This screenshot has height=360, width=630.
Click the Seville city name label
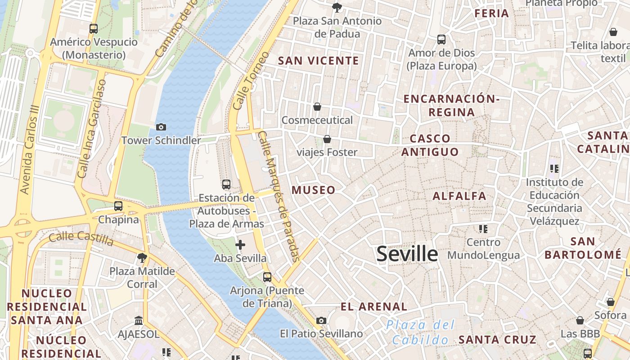(407, 254)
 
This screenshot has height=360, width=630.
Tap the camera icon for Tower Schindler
(161, 127)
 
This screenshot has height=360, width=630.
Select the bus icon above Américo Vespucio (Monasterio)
(94, 29)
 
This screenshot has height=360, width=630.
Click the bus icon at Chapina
(118, 206)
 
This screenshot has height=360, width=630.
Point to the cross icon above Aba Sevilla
(240, 245)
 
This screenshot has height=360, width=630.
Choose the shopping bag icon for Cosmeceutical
(317, 107)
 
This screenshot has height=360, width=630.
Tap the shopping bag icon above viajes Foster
(327, 139)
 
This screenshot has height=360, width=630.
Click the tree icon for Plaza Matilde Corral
(142, 258)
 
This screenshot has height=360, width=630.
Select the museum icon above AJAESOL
(139, 321)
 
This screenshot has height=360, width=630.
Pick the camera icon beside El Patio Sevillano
(321, 320)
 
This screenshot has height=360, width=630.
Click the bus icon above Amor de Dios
(441, 40)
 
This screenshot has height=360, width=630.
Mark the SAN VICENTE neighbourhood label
(319, 61)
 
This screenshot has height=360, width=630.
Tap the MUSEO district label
(314, 190)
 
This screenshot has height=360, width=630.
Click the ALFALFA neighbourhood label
(459, 196)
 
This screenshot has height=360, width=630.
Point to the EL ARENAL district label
(374, 307)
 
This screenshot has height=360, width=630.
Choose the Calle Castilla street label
(81, 238)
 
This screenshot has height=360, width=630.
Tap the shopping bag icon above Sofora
(611, 302)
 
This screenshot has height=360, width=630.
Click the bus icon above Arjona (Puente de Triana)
(267, 277)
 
